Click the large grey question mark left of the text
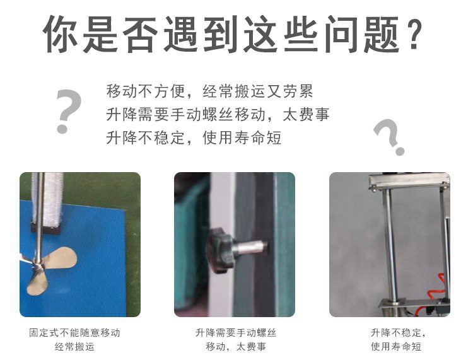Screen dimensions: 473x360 [x=68, y=111]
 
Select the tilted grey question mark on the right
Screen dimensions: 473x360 [x=388, y=136]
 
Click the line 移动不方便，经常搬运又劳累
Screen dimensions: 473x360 [x=209, y=91]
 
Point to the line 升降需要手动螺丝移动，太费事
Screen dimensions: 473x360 [x=218, y=114]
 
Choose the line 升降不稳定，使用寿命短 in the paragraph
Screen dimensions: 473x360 [x=194, y=137]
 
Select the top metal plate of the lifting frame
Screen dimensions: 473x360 [x=409, y=181]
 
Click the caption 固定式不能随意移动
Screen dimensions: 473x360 [x=74, y=333]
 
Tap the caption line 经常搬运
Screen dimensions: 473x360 [x=74, y=347]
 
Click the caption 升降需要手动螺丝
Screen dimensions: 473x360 [x=236, y=333]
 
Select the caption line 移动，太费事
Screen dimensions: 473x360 [x=236, y=347]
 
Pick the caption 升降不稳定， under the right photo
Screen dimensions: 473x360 [x=398, y=333]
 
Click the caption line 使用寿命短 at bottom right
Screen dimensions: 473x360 [x=396, y=347]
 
